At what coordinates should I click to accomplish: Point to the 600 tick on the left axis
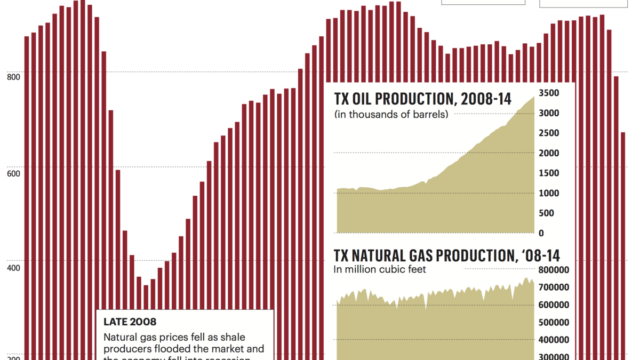(x=14, y=172)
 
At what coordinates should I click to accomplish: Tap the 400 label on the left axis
(x=14, y=267)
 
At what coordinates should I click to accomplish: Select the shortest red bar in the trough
(x=146, y=320)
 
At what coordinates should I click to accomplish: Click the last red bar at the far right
(x=622, y=245)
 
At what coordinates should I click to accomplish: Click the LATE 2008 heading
(x=130, y=322)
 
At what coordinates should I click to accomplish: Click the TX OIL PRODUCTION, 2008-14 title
(x=423, y=99)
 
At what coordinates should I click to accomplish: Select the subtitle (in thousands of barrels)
(x=391, y=115)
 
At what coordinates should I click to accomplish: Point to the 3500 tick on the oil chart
(x=549, y=93)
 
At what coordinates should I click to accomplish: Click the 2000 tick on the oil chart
(x=549, y=153)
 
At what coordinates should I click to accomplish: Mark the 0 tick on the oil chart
(x=541, y=233)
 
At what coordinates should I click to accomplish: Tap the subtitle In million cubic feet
(x=380, y=270)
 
